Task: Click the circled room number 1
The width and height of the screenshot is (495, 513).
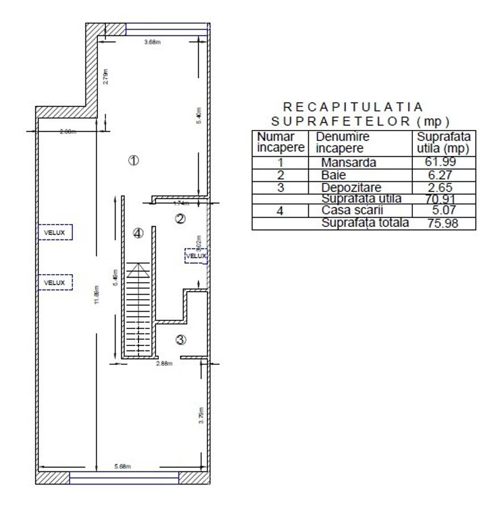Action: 133,160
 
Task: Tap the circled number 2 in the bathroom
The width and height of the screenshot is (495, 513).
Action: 180,218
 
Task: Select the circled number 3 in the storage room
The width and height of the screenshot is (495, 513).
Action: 180,340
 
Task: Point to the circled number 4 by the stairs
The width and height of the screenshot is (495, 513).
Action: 138,233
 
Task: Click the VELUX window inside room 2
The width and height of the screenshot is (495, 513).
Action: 196,256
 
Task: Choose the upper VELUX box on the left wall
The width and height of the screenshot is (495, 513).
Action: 55,233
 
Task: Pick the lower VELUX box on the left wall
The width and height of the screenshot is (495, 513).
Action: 55,282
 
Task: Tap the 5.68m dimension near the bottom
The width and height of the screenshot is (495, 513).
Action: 122,466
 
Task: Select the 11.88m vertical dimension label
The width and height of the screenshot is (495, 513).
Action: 98,295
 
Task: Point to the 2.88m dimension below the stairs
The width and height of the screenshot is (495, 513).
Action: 164,364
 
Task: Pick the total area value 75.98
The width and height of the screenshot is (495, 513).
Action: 441,223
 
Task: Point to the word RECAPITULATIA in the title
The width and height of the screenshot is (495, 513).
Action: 353,107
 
